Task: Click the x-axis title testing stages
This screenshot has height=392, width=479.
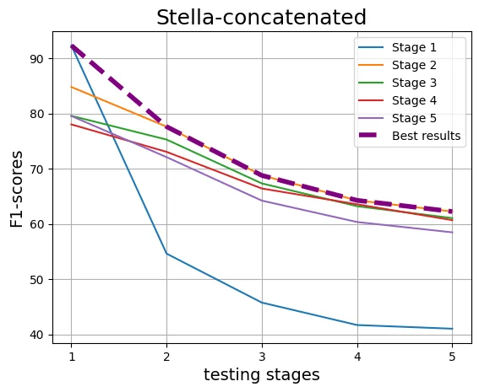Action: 261,375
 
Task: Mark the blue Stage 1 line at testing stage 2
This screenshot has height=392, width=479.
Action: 166,254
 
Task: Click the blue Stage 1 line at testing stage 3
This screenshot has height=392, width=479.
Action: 262,303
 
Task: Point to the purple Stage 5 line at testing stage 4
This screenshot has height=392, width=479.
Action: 357,222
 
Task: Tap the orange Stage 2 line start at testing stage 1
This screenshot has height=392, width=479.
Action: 71,87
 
